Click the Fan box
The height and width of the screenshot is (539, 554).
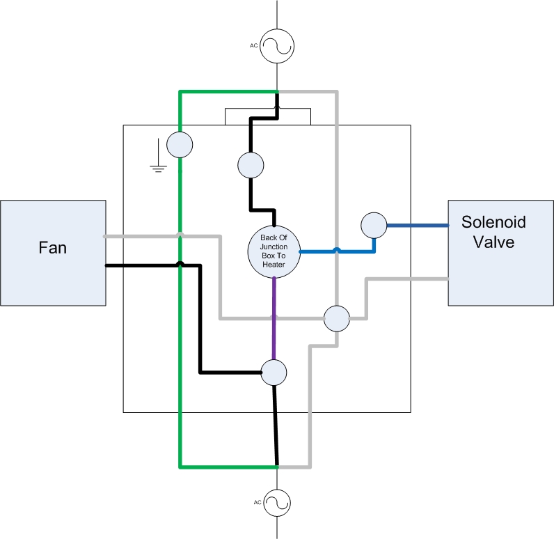[53, 253]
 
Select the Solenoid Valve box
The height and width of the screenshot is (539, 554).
[500, 253]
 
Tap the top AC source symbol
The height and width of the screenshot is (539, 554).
[277, 46]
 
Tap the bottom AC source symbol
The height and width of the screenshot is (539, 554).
[277, 503]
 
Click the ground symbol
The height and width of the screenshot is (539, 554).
[158, 155]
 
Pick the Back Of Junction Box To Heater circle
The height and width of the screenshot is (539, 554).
[274, 251]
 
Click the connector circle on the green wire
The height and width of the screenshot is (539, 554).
[180, 145]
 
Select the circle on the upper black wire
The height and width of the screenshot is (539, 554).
[251, 165]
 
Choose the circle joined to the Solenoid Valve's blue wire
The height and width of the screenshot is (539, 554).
[374, 225]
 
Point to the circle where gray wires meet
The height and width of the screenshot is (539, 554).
[337, 318]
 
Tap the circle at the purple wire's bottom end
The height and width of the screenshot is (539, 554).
[274, 373]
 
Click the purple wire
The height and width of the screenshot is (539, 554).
[274, 319]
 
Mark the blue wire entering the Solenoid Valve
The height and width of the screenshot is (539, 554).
[418, 225]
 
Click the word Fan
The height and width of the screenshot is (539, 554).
[53, 248]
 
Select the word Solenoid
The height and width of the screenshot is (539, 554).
[493, 222]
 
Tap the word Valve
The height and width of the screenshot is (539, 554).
[493, 242]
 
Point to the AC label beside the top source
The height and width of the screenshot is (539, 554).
[253, 45]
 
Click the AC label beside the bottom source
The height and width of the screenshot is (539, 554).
[258, 502]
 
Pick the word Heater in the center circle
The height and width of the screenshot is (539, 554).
[274, 265]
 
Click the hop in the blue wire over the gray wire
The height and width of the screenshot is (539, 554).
[337, 250]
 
